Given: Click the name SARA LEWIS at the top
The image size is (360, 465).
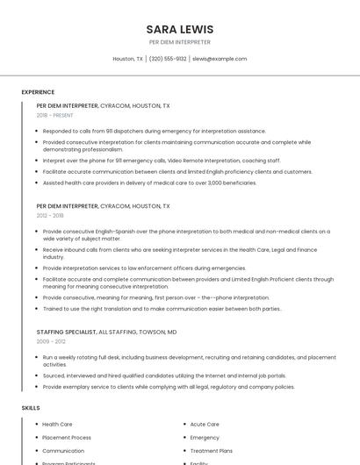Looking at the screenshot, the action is coord(179,29).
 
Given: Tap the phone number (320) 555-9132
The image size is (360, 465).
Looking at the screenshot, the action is coord(168,59).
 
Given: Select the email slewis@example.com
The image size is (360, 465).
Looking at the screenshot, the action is coord(220,59).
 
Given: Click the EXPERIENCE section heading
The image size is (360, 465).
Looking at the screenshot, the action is coord(38,92).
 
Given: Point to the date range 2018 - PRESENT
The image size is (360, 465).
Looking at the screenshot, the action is coord(56,115).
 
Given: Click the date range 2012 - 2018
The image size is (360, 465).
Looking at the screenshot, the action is coord(50,215).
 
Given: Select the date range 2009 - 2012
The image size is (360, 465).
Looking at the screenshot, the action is coord(50,341).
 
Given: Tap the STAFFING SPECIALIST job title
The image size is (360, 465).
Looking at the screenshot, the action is coord(66,333).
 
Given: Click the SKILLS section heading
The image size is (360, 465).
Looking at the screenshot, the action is coord(31,408).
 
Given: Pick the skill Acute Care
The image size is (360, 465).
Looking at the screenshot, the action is coord(205,424).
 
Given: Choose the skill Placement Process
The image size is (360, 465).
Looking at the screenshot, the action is coord(67,437).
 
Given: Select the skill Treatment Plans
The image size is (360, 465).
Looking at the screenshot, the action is coord(210,450).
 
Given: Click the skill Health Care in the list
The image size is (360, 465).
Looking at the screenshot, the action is coord(57,424).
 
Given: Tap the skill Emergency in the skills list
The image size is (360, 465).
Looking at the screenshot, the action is coord(205,437).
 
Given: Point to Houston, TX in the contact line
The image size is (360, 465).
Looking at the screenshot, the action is coord(128,59).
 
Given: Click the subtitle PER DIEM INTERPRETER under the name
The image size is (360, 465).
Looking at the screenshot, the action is coord(179,41).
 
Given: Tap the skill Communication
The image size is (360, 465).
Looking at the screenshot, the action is coord(63,450).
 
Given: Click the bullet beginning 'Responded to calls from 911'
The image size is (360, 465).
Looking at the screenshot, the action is coord(154,131).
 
